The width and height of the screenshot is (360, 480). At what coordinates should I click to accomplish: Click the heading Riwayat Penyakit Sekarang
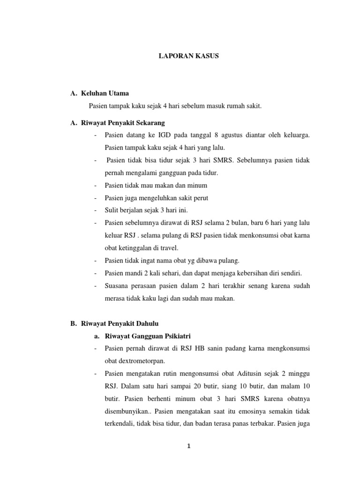click(x=123, y=123)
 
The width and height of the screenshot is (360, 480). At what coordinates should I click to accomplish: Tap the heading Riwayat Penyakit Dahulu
click(x=120, y=322)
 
